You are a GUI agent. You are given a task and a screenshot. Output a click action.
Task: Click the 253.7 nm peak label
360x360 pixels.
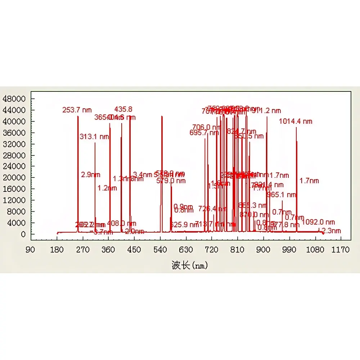pos(77,110)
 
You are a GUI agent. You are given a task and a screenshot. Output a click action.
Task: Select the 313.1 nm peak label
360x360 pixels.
pos(94,136)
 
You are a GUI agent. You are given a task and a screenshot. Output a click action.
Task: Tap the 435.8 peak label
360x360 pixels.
pos(123,109)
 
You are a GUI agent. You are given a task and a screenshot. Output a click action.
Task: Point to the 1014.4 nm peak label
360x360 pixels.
pos(296,121)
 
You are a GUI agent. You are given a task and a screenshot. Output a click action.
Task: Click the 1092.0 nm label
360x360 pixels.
pos(318,222)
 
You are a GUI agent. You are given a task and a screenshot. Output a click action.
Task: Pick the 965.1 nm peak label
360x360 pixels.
pos(282,195)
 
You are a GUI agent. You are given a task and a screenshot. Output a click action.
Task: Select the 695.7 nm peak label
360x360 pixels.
pos(204,132)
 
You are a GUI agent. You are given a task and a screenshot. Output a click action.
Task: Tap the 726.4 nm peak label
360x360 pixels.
pos(212,209)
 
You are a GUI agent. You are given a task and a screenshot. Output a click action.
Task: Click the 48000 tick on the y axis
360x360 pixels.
pos(13,99)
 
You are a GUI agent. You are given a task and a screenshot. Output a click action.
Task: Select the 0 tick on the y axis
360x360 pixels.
pos(23,234)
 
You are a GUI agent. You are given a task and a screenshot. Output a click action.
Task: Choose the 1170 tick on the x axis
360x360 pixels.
pos(341,249)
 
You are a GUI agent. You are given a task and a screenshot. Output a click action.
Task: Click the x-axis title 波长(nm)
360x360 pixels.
pos(190,266)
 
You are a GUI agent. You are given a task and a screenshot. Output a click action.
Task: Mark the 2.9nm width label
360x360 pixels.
pos(88,175)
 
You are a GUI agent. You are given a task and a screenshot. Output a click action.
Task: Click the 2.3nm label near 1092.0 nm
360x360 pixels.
pos(331,231)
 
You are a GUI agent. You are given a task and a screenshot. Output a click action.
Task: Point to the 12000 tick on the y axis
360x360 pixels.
pos(13,200)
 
